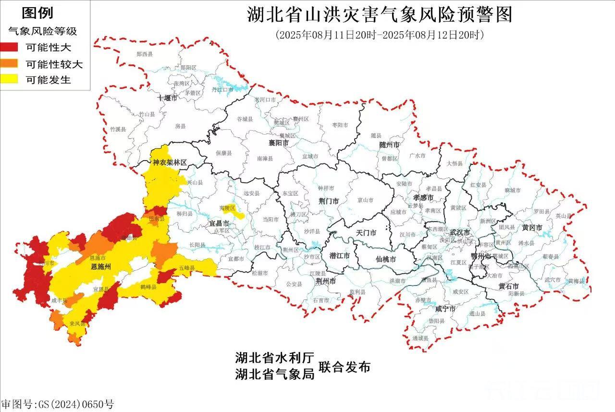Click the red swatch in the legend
tap(9, 47)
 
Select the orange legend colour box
tap(9, 63)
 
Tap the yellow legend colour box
tap(9, 79)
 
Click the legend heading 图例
tap(37, 13)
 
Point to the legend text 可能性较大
tap(54, 64)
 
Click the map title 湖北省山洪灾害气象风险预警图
tap(380, 14)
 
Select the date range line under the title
tap(380, 35)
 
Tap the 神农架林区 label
tap(170, 163)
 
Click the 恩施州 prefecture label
tap(101, 266)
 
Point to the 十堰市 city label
tap(167, 98)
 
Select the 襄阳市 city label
tap(279, 143)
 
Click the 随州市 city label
tap(389, 145)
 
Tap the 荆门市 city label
tap(329, 201)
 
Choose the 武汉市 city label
tap(460, 233)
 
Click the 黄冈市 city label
tap(532, 227)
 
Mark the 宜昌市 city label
tap(219, 224)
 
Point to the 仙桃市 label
tap(386, 259)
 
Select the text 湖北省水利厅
tap(274, 358)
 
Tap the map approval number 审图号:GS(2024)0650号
tap(58, 404)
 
